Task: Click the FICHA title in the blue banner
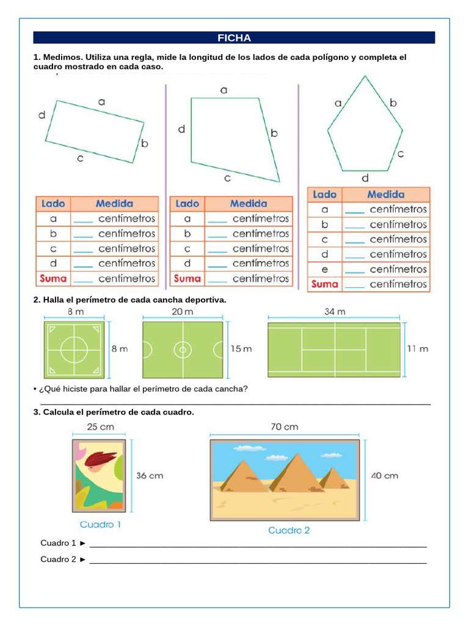pyautogui.click(x=234, y=38)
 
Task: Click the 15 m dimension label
pyautogui.click(x=241, y=349)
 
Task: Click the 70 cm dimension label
pyautogui.click(x=284, y=426)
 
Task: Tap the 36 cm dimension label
pyautogui.click(x=149, y=475)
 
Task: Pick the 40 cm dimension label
pyautogui.click(x=384, y=475)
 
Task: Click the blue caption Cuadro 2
pyautogui.click(x=289, y=530)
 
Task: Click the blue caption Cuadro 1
pyautogui.click(x=100, y=524)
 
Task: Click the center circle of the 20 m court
pyautogui.click(x=182, y=350)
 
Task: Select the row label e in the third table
pyautogui.click(x=324, y=269)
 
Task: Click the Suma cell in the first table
pyautogui.click(x=54, y=278)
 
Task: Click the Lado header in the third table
pyautogui.click(x=324, y=194)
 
